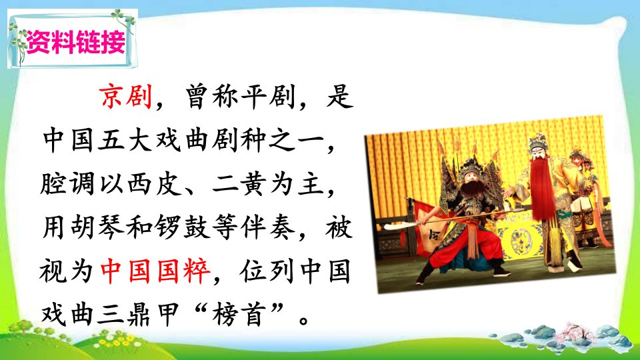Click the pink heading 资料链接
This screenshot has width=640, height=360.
(x=76, y=41)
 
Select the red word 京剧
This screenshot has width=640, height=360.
(x=126, y=97)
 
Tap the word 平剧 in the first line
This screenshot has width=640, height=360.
(x=269, y=97)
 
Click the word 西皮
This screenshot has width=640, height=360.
(x=155, y=183)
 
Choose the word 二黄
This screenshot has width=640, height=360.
(x=239, y=183)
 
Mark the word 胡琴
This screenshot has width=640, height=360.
(x=98, y=227)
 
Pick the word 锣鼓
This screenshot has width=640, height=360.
(x=183, y=227)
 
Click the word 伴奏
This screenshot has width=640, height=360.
(x=268, y=227)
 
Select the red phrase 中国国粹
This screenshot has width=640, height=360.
(x=155, y=271)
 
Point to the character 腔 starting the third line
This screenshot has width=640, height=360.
(x=54, y=183)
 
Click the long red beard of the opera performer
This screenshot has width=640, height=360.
(x=541, y=190)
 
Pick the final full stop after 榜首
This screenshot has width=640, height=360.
(x=303, y=319)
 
